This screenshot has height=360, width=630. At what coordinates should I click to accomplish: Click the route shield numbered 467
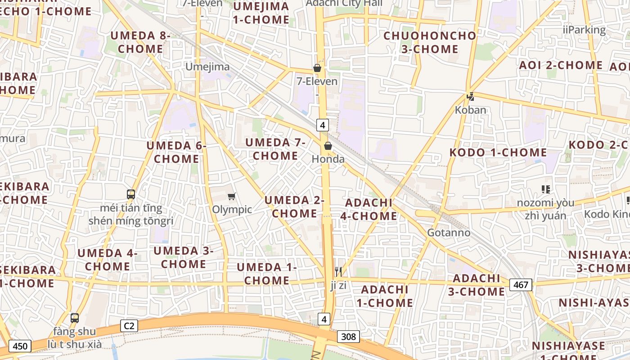click(x=521, y=284)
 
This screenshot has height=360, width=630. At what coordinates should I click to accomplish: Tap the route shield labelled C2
click(x=129, y=326)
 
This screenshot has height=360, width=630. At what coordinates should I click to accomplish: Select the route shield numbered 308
click(x=348, y=336)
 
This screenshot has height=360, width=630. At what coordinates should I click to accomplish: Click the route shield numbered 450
click(x=20, y=346)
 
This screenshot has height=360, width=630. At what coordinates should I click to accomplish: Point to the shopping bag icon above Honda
click(x=328, y=146)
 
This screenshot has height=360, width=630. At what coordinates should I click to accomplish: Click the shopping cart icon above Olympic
click(x=231, y=196)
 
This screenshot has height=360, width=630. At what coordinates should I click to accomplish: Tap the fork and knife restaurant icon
click(x=338, y=271)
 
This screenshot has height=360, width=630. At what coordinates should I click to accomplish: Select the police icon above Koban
click(x=470, y=96)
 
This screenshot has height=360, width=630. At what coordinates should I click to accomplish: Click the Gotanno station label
click(x=448, y=233)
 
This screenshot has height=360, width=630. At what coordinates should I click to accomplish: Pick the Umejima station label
click(x=207, y=67)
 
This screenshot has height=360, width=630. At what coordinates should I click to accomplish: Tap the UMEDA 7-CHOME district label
click(x=275, y=149)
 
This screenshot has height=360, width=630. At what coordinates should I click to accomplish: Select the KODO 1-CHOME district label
click(x=498, y=152)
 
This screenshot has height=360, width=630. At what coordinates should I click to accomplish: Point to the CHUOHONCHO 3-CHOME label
click(x=429, y=42)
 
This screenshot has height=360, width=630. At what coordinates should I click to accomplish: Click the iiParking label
click(x=584, y=30)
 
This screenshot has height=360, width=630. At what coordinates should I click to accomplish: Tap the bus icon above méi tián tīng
click(x=131, y=194)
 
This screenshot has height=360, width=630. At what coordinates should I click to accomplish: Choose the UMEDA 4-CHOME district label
click(x=107, y=260)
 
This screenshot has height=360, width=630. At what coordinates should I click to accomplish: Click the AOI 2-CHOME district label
click(x=560, y=65)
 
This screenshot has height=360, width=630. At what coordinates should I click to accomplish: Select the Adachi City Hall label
click(x=344, y=3)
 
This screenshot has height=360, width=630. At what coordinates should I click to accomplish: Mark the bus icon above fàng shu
click(x=75, y=318)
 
